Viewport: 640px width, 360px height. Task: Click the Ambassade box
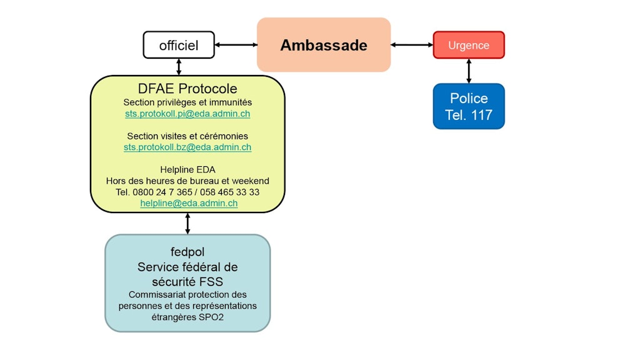(x=324, y=45)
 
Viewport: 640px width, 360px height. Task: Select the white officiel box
(x=179, y=45)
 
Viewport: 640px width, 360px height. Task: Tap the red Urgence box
(x=469, y=45)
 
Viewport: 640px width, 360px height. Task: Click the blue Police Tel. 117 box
(x=469, y=106)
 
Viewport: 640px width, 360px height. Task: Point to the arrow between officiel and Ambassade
(x=236, y=45)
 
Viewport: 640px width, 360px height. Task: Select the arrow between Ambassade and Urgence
(x=412, y=45)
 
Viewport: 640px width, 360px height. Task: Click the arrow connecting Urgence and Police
(x=469, y=71)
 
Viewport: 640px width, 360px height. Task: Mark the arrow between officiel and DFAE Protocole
(x=179, y=67)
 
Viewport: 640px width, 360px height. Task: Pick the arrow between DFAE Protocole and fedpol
(x=187, y=223)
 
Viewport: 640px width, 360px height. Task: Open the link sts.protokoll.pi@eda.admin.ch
(x=187, y=114)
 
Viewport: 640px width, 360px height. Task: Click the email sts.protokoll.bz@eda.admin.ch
(x=187, y=147)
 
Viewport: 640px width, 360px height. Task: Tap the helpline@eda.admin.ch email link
(x=189, y=203)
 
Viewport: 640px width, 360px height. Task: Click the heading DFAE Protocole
(x=187, y=89)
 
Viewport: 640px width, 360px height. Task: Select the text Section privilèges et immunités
(x=187, y=102)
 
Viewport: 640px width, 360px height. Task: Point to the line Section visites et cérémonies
(x=187, y=136)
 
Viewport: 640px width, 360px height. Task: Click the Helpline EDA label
(x=187, y=169)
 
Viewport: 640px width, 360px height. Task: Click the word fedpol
(x=187, y=252)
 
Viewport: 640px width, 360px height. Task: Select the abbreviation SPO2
(x=211, y=317)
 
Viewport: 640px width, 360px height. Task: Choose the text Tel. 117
(x=469, y=115)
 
